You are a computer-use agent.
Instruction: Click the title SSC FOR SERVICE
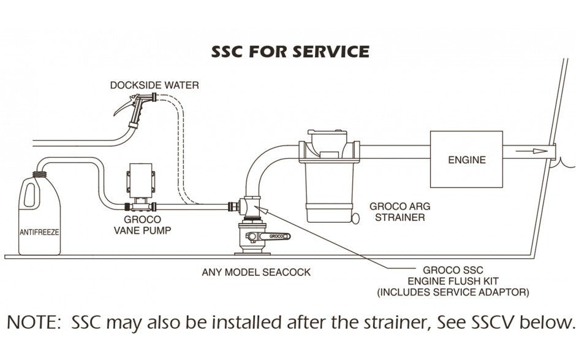pyautogui.click(x=290, y=51)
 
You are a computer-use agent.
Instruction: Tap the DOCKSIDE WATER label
pyautogui.click(x=154, y=85)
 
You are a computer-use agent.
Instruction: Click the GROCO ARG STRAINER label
pyautogui.click(x=397, y=212)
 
